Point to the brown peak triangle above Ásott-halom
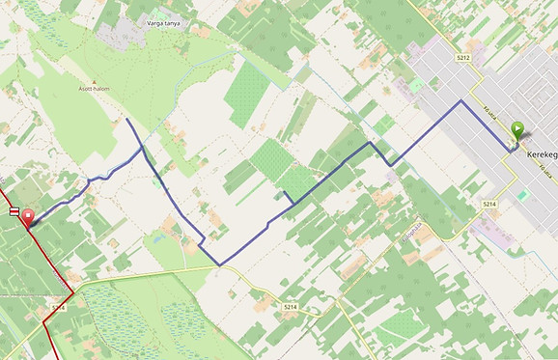click(x=94, y=83)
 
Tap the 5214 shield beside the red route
click(x=59, y=306)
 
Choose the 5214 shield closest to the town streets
click(x=488, y=205)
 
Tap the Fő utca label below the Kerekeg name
click(x=544, y=172)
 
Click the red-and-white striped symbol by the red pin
click(x=14, y=210)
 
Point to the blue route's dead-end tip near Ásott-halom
click(x=126, y=120)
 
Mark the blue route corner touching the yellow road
click(x=219, y=264)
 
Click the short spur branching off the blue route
click(x=288, y=196)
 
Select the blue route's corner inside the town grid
click(x=461, y=100)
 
